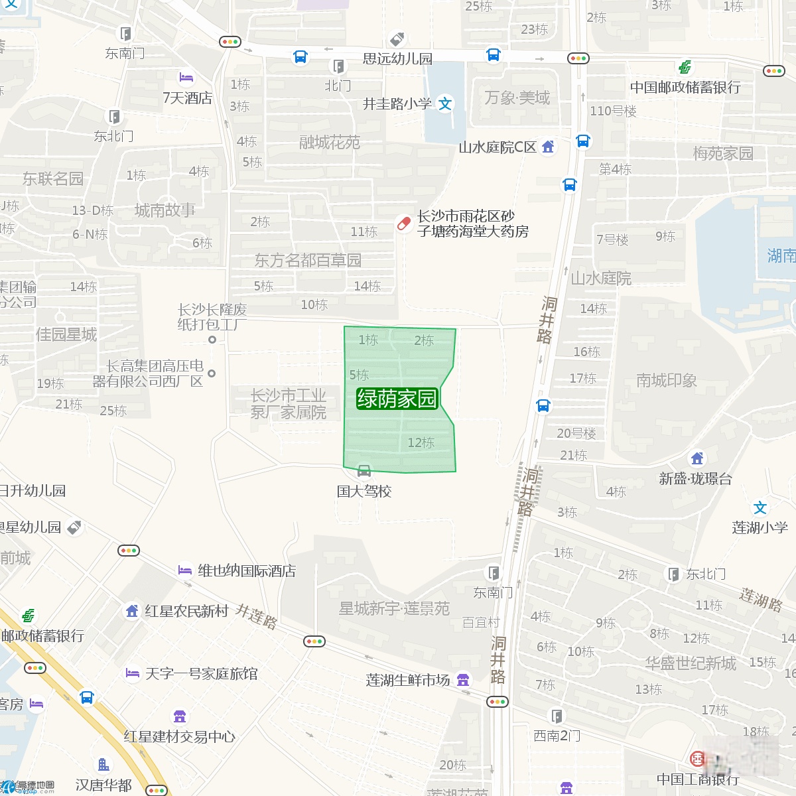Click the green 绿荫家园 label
click(x=397, y=398)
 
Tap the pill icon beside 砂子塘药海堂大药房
click(x=403, y=224)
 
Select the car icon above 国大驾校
click(x=364, y=472)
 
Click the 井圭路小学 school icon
click(x=446, y=103)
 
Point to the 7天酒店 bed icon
click(x=186, y=78)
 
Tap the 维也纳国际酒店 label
click(x=247, y=570)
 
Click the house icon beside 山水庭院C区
click(x=548, y=147)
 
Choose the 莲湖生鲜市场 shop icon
click(x=463, y=679)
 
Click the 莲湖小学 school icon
click(x=760, y=508)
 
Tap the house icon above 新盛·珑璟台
click(x=697, y=458)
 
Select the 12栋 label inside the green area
click(x=421, y=442)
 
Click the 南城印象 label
click(x=666, y=380)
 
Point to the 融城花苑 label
click(x=330, y=142)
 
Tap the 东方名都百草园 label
click(x=308, y=260)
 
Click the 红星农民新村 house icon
click(x=132, y=611)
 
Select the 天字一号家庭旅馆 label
click(x=202, y=674)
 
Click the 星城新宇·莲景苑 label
click(x=394, y=608)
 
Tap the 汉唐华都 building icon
click(x=103, y=765)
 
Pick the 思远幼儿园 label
click(x=397, y=58)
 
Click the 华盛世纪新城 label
click(x=691, y=663)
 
